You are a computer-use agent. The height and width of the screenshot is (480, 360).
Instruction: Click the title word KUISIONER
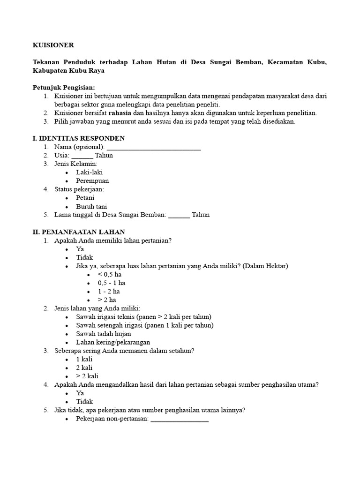53,45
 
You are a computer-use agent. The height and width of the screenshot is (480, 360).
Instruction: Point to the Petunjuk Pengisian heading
64,88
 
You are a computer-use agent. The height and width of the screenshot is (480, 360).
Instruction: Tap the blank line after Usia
82,156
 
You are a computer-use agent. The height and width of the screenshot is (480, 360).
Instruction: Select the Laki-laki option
90,172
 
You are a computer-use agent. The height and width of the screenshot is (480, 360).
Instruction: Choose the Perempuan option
92,181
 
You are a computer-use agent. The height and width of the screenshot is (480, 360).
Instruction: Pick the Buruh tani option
91,206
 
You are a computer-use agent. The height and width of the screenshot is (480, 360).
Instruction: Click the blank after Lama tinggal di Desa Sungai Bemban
179,215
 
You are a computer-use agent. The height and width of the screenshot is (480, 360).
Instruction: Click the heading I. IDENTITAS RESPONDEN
78,138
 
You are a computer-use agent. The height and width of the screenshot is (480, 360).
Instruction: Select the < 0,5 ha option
109,274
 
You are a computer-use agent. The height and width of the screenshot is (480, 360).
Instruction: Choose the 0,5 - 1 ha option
111,283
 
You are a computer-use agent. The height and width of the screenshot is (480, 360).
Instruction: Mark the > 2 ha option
106,300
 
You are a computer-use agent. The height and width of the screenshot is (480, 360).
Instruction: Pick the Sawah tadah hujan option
104,334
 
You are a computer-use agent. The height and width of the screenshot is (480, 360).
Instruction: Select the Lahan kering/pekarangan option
113,342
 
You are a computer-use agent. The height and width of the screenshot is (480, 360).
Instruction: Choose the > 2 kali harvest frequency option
87,376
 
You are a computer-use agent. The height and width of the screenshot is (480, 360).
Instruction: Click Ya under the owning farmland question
80,249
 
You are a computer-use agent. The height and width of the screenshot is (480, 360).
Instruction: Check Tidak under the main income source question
84,401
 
